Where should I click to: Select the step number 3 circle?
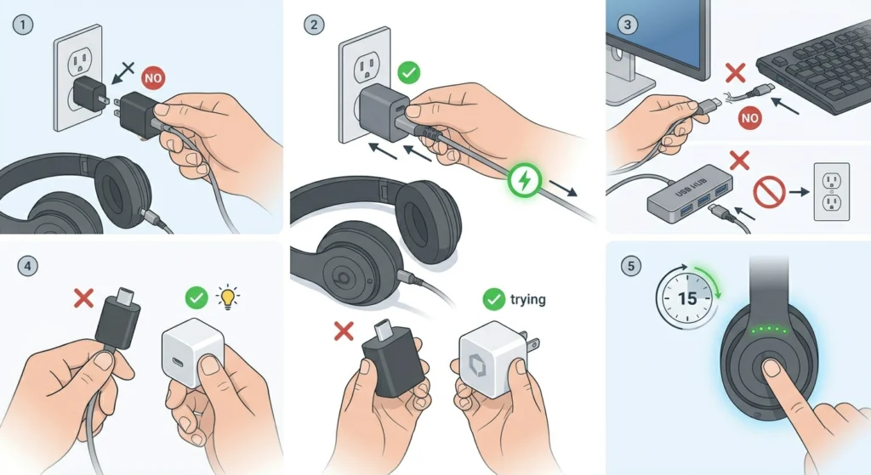click(628, 24)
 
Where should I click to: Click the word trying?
click(527, 299)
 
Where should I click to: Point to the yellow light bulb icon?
click(227, 297)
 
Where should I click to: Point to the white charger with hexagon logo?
click(489, 361)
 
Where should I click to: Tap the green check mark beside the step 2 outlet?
click(408, 73)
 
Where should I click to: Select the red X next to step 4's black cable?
click(83, 298)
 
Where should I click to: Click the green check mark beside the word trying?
click(492, 299)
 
